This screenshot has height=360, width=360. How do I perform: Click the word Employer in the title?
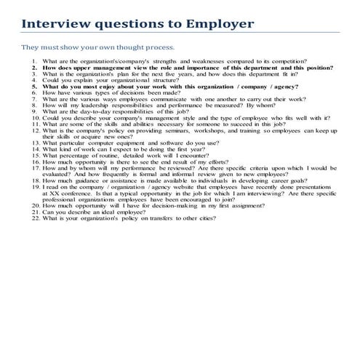pos(220,24)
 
